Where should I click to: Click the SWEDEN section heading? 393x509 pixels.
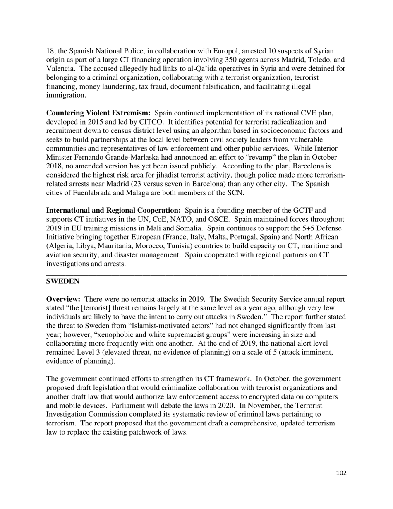click(62, 281)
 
